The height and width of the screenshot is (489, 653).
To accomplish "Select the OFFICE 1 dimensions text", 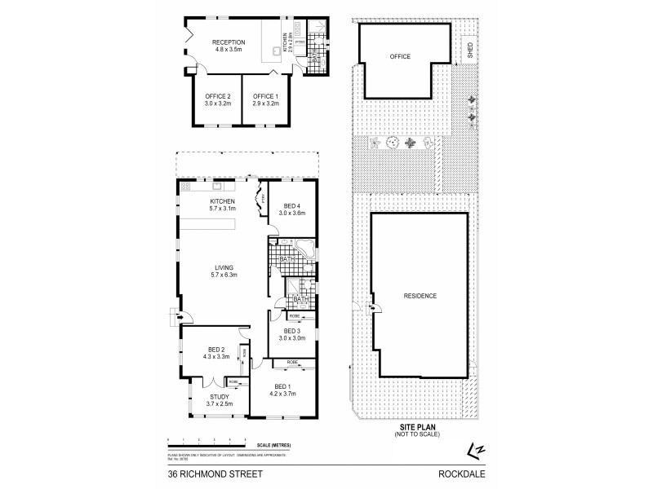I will click(264, 105).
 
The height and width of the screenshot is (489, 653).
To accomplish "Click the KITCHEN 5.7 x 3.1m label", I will click(222, 205).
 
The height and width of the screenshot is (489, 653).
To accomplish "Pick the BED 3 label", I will click(291, 333).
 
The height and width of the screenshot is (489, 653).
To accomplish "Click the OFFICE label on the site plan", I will click(400, 56).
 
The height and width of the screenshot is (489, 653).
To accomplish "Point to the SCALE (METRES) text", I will click(273, 444).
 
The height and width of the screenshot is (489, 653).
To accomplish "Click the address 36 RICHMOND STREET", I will click(206, 471).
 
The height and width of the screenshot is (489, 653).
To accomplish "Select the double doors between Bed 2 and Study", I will click(211, 381).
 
